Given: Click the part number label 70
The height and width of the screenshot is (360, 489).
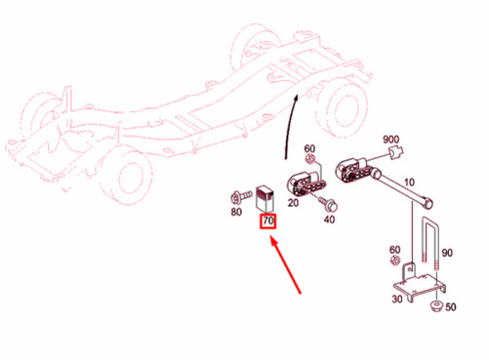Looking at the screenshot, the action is tap(268, 220).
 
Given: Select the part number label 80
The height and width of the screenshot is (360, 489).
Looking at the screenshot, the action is tap(236, 212).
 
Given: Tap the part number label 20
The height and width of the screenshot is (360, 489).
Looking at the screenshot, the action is tap(293, 203).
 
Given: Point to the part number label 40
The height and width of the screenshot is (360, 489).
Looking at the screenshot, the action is tap(329, 220).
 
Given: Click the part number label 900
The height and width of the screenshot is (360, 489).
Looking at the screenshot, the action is tap(390, 140).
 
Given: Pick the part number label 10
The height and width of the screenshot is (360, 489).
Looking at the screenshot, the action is tap(409, 182).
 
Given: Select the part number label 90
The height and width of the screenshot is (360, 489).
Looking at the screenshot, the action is tap(447, 253).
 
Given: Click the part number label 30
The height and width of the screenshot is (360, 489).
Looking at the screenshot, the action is tap(397, 299).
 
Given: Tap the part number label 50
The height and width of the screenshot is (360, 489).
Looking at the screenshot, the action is tap(451, 306).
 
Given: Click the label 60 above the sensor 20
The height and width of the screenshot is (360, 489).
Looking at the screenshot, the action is tap(309, 148).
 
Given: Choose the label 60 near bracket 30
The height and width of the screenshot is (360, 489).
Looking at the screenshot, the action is tap(394, 250).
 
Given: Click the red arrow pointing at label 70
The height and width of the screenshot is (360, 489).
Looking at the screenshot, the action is tap(286, 265).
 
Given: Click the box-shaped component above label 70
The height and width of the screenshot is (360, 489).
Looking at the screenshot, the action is tap(265, 198).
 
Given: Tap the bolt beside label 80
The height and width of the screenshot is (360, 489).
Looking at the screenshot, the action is tap(241, 196).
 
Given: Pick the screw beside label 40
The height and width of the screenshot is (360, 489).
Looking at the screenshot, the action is tap(328, 203).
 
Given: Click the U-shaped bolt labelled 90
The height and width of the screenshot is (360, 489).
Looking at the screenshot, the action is tap(430, 241).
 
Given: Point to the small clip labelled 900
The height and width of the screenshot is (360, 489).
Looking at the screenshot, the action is tap(396, 152).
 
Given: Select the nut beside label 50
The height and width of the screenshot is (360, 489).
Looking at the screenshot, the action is tap(435, 305).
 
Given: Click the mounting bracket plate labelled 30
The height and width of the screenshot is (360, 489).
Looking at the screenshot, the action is tap(420, 284).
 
